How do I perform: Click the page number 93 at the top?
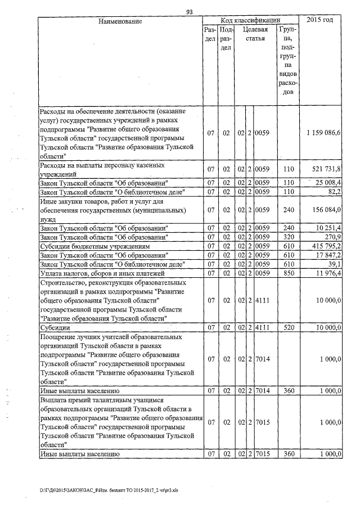coord(189,12)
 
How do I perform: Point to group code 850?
coord(289,273)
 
